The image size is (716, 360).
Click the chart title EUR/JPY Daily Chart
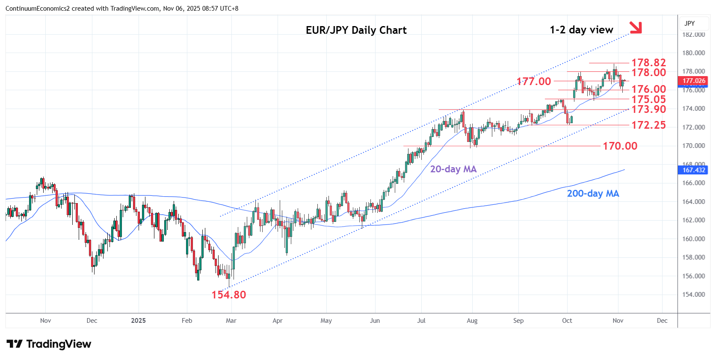click(x=356, y=30)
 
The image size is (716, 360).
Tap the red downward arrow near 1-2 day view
click(x=636, y=27)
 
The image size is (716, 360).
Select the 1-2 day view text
click(x=581, y=30)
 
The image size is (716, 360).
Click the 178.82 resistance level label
click(x=648, y=62)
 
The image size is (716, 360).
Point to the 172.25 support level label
click(x=648, y=125)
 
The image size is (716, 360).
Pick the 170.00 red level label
click(x=620, y=146)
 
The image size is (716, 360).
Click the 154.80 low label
click(x=228, y=295)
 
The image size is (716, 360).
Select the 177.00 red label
click(x=534, y=81)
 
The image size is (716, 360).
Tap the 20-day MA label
click(x=453, y=169)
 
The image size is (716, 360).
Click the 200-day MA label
click(x=593, y=193)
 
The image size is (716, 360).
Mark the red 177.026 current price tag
click(x=693, y=81)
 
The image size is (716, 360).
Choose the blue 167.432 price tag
click(x=693, y=170)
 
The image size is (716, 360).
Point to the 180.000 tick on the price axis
click(x=693, y=53)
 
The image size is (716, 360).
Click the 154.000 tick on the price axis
click(x=693, y=295)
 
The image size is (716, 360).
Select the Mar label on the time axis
click(x=231, y=321)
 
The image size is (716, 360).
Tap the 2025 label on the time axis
click(x=138, y=321)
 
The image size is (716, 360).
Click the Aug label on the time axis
click(x=472, y=321)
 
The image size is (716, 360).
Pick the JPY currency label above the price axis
click(x=689, y=24)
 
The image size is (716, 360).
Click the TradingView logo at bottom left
click(x=49, y=344)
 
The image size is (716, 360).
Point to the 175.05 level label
click(x=648, y=99)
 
